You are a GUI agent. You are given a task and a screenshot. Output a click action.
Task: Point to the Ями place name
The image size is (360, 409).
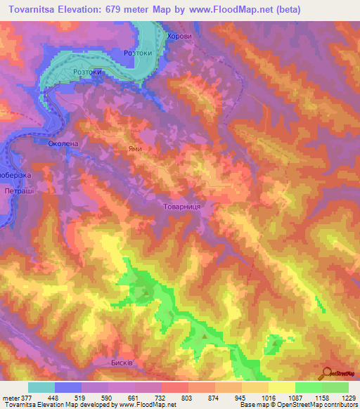click(x=136, y=149)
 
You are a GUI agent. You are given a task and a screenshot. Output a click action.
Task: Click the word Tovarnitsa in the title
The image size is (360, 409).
click(x=33, y=10)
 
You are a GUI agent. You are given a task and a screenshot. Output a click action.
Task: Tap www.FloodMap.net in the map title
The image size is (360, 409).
click(x=227, y=10)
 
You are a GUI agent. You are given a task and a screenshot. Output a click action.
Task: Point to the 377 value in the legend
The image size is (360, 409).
click(x=25, y=398)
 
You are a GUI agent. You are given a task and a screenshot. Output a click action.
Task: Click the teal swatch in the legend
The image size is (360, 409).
click(x=41, y=387)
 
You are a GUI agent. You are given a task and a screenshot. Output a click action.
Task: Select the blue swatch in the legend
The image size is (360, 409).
click(x=68, y=387)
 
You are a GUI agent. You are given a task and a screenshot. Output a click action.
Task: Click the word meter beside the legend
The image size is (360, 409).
click(x=10, y=398)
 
